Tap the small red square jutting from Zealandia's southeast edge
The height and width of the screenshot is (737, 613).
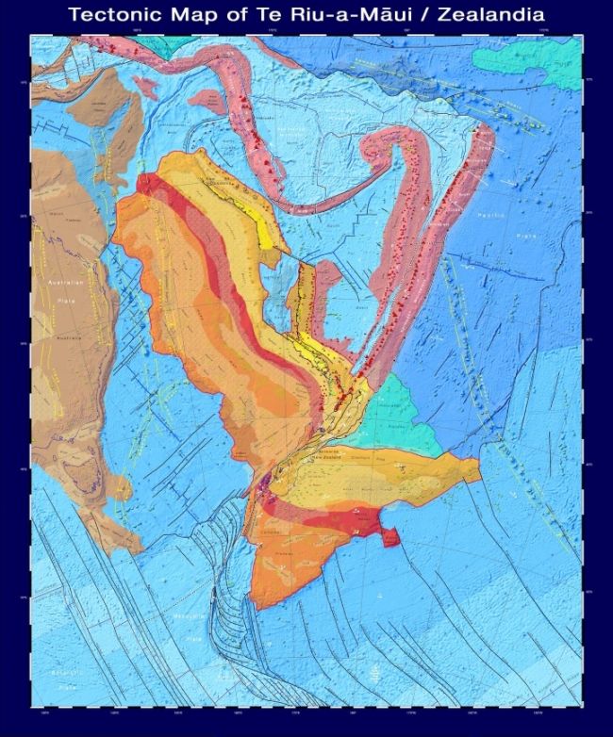389,536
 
